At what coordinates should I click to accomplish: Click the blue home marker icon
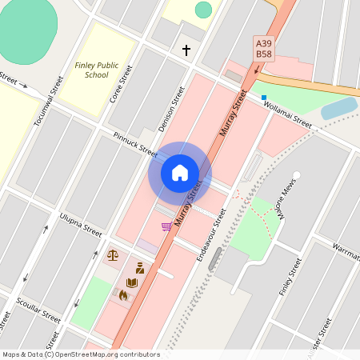180,173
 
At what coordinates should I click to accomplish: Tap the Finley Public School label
91,70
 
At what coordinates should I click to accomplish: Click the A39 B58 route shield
263,47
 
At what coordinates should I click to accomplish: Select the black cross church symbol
186,50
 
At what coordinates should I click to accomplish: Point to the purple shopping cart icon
166,226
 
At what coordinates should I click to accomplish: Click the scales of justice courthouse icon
112,255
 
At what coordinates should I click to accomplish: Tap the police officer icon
139,267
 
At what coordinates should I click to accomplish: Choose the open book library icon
132,282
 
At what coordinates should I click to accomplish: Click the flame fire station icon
123,295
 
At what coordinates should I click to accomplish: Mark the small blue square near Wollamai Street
263,98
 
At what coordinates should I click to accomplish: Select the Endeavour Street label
212,234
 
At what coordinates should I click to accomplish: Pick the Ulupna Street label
81,224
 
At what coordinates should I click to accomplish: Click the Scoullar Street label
38,311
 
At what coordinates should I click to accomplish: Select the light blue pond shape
339,108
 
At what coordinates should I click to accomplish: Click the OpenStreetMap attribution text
81,354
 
